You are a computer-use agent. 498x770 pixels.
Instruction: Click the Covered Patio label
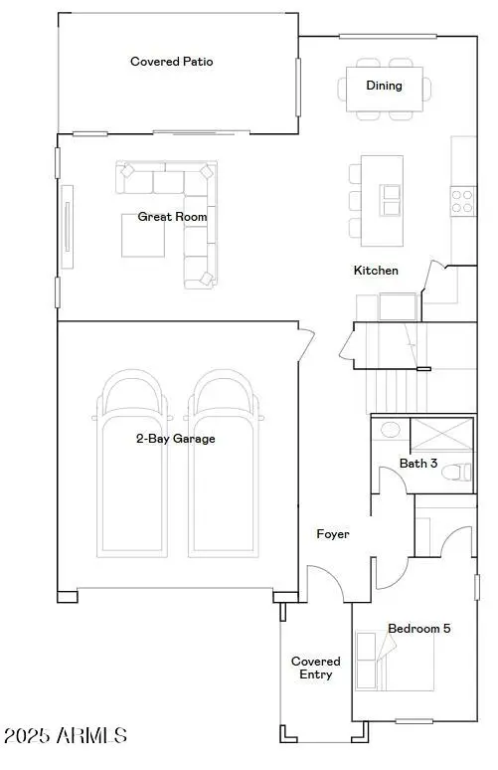click(172, 62)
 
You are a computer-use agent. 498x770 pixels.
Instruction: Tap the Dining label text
click(384, 86)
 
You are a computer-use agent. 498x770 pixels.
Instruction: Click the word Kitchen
click(376, 271)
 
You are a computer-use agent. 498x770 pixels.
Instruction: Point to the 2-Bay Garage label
click(176, 438)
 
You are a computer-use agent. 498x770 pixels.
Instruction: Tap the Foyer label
click(333, 534)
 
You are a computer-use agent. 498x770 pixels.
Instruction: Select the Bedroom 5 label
click(418, 629)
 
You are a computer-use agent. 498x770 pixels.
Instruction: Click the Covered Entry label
click(316, 668)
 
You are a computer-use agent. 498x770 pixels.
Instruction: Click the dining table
click(384, 87)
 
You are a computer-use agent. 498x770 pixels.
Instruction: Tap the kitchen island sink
click(391, 200)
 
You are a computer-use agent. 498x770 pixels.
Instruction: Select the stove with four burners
click(462, 201)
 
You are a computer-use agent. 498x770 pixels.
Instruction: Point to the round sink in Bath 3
click(390, 431)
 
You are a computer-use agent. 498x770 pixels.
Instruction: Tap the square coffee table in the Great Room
click(143, 236)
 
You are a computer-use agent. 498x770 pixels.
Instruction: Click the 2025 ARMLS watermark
click(66, 737)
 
